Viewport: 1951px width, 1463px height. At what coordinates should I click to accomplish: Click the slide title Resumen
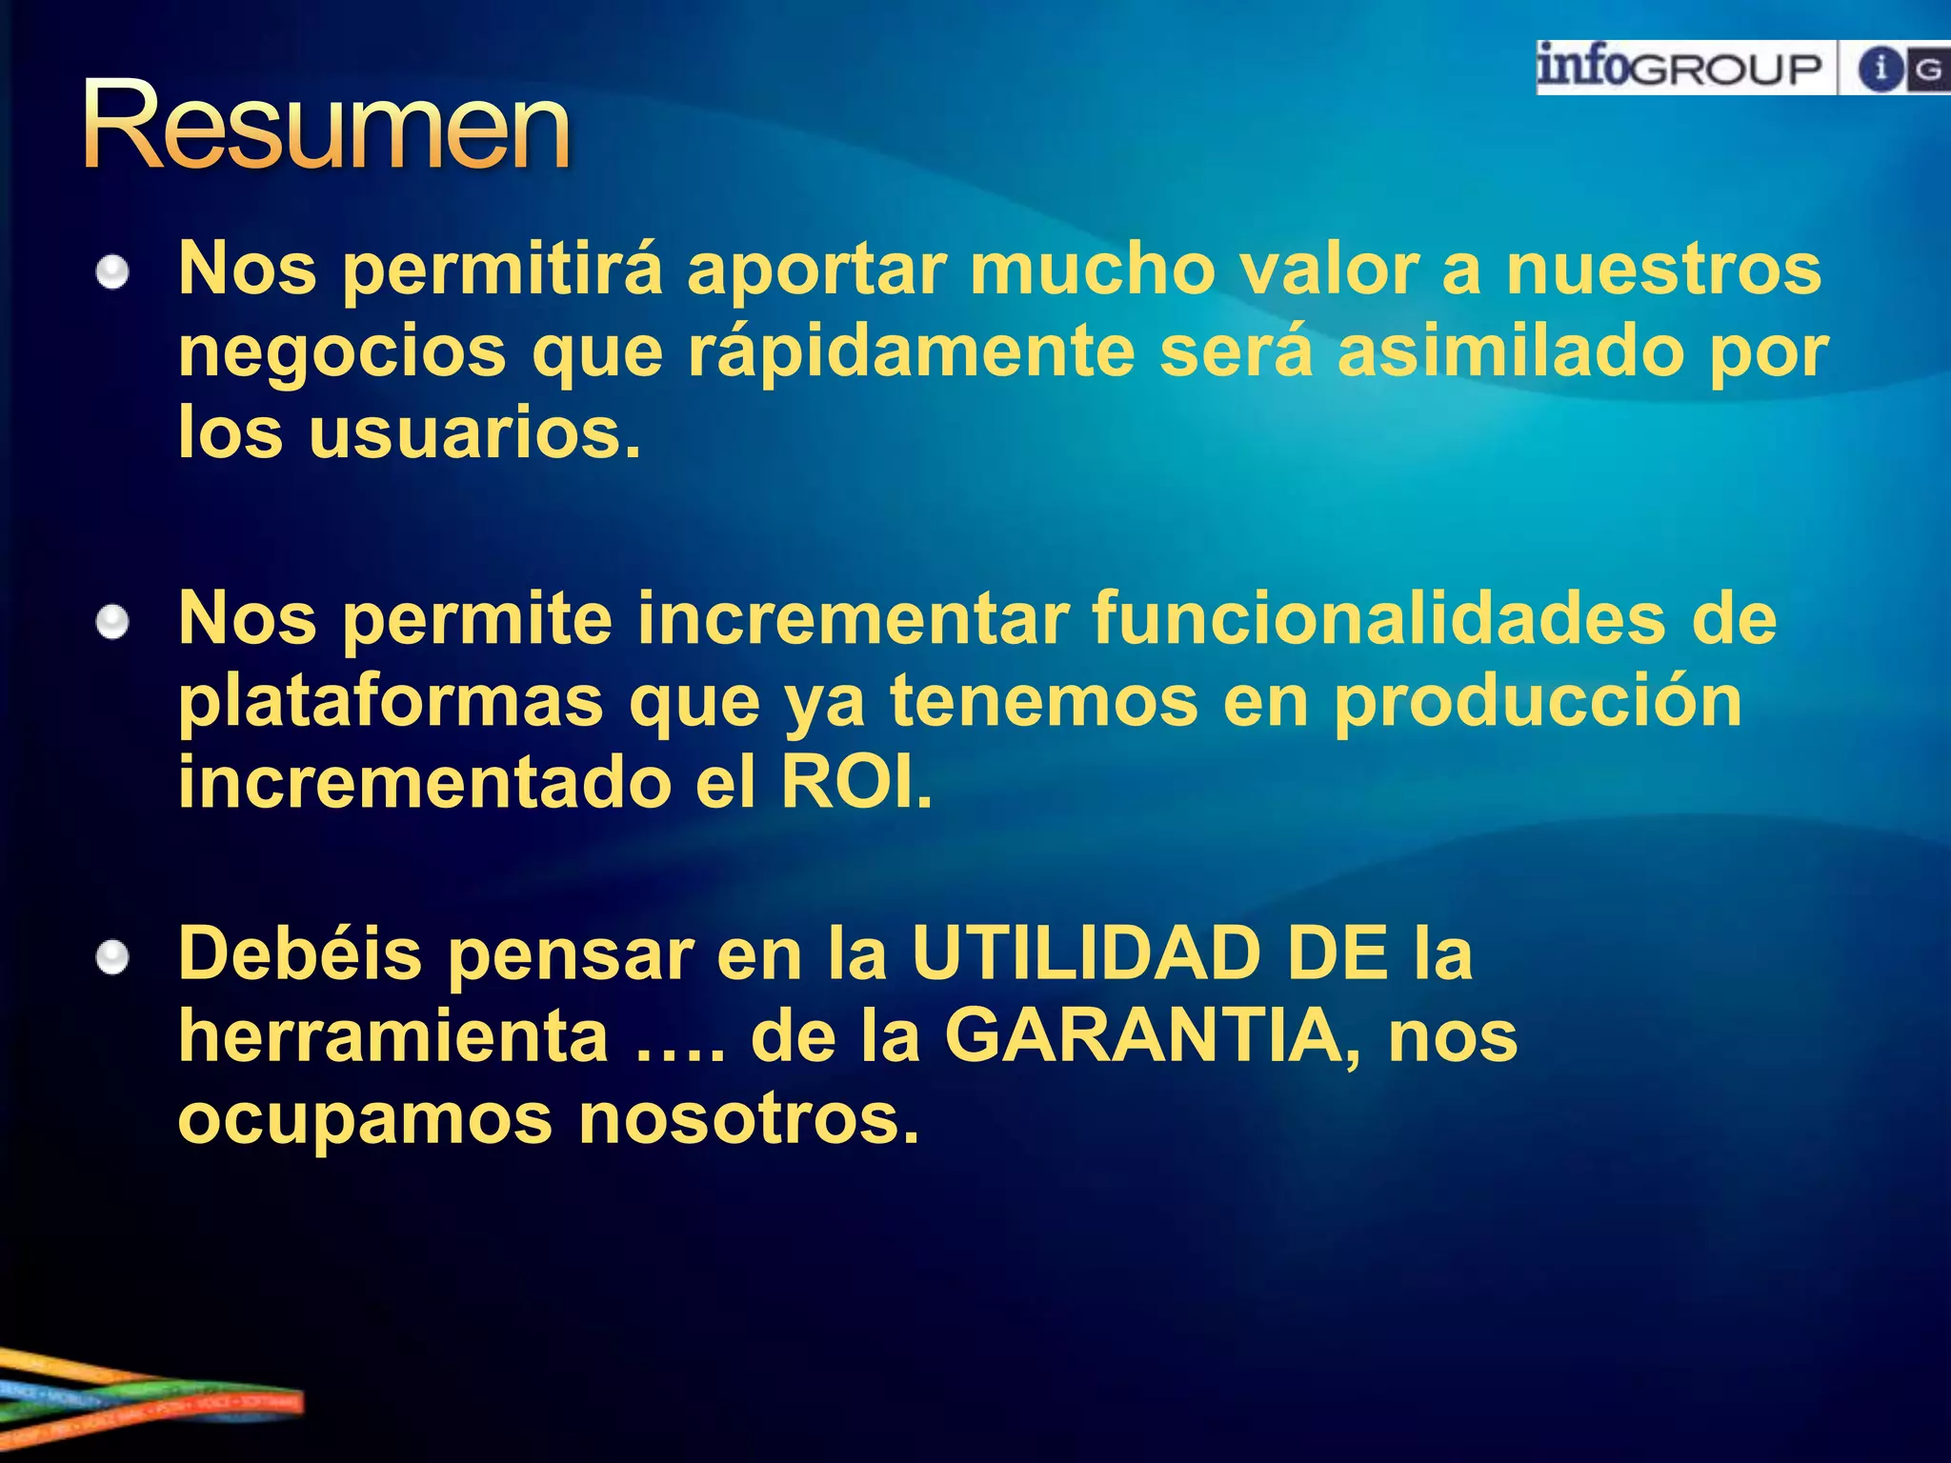coord(326,127)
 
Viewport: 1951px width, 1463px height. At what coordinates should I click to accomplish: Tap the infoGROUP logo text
coord(1679,69)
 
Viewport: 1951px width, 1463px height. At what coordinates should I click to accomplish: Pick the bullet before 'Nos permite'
coord(112,624)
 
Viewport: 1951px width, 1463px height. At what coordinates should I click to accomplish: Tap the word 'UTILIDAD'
coord(1086,954)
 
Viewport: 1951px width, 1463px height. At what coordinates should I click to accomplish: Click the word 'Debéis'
coord(300,954)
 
